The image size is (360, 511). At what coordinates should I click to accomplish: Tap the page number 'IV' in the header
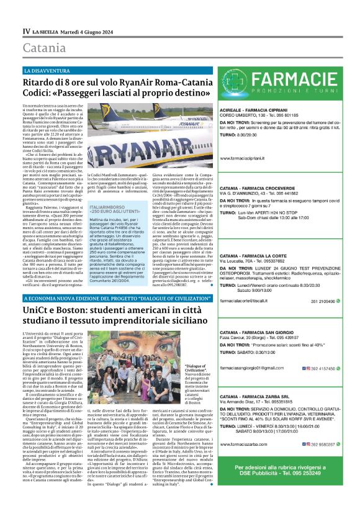point(26,30)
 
